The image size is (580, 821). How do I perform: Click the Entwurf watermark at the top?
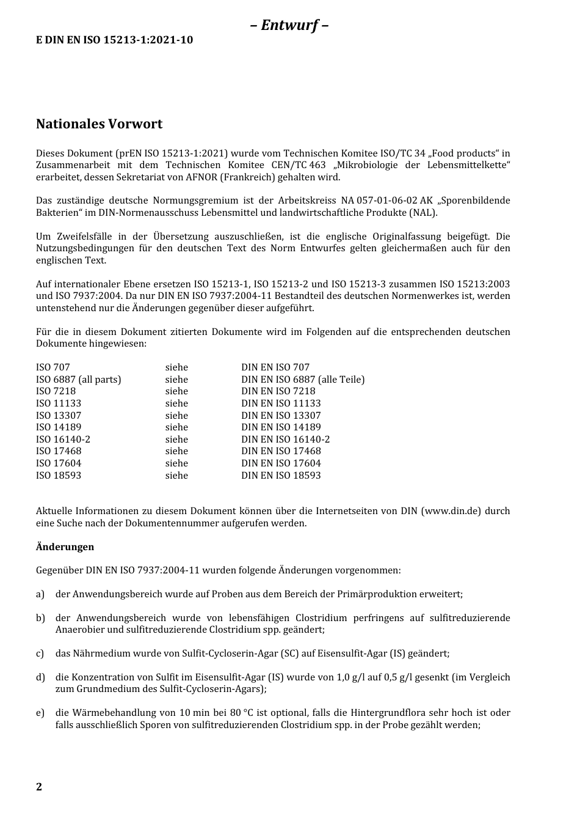[289, 25]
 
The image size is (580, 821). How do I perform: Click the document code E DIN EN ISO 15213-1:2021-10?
[114, 40]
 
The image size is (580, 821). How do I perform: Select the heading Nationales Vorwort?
[99, 124]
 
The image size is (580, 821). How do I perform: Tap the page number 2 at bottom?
[39, 787]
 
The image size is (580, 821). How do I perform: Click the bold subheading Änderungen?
[65, 547]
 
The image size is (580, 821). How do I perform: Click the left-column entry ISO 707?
[53, 367]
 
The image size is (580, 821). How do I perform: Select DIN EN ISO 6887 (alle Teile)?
[303, 380]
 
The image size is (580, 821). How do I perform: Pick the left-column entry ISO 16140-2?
[63, 439]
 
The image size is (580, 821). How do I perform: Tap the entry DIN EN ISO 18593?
[281, 475]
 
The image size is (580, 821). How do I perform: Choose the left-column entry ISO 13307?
[59, 415]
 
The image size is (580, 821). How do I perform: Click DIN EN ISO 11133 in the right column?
[281, 403]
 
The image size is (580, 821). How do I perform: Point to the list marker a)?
[40, 594]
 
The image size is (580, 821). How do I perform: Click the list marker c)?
[40, 653]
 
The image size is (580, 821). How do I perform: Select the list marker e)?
[40, 713]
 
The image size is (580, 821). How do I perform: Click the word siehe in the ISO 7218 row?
[176, 391]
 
